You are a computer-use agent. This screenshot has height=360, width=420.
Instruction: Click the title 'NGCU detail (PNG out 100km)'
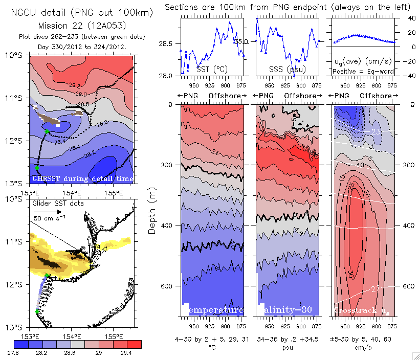pos(82,13)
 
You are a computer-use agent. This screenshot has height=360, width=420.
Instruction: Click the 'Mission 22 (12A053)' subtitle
pos(82,25)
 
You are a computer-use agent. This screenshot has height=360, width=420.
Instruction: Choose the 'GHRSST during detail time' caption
pos(82,178)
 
